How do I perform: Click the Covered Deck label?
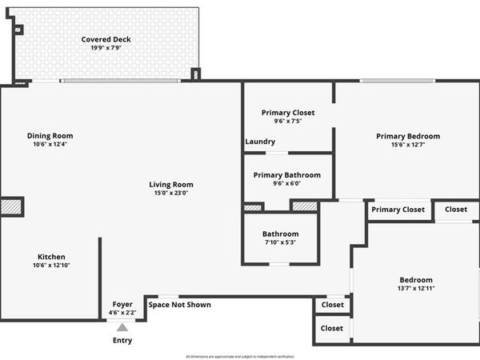106,39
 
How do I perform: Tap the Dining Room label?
50,135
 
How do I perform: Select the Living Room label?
174,185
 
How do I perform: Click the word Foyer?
122,304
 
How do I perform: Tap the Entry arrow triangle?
122,326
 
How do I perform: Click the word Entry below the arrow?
122,341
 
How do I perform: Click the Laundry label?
260,142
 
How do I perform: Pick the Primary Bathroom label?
287,175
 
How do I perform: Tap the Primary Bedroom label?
408,136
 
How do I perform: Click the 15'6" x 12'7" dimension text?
408,146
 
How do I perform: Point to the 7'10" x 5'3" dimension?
280,242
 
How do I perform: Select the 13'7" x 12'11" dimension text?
415,288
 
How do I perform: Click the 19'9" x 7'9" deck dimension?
106,48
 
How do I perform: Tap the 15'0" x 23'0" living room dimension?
174,194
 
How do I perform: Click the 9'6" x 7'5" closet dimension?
288,122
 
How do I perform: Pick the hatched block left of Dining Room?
11,206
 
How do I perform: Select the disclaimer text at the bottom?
240,355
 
